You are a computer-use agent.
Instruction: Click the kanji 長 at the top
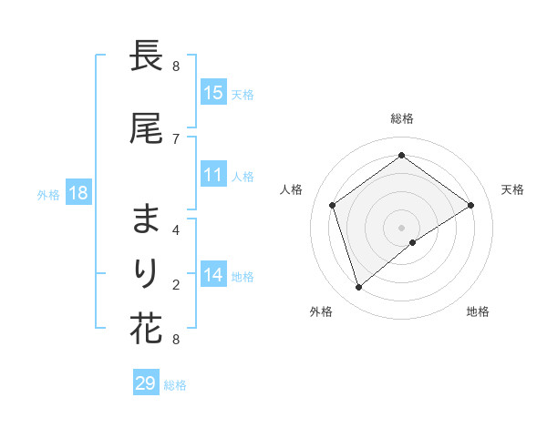pyautogui.click(x=147, y=56)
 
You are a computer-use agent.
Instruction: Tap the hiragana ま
pyautogui.click(x=147, y=219)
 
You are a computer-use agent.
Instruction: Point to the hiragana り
pyautogui.click(x=147, y=272)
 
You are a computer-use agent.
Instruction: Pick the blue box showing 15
pyautogui.click(x=213, y=92)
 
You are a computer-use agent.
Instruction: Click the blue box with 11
pyautogui.click(x=213, y=175)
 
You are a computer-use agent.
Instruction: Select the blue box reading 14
pyautogui.click(x=213, y=274)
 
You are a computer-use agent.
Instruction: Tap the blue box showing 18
pyautogui.click(x=77, y=193)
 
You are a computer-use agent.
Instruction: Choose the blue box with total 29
pyautogui.click(x=145, y=383)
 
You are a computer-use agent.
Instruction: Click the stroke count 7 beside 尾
pyautogui.click(x=175, y=138)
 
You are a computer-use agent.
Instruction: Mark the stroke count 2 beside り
pyautogui.click(x=175, y=284)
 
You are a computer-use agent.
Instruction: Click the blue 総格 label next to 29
pyautogui.click(x=175, y=385)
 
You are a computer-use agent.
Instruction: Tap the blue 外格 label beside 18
pyautogui.click(x=48, y=194)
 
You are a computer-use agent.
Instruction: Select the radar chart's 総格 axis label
pyautogui.click(x=402, y=118)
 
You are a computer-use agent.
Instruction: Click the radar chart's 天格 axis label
pyautogui.click(x=512, y=189)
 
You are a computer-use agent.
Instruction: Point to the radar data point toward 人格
pyautogui.click(x=333, y=205)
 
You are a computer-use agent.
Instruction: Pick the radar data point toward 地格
pyautogui.click(x=413, y=242)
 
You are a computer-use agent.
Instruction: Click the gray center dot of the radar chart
pyautogui.click(x=401, y=227)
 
